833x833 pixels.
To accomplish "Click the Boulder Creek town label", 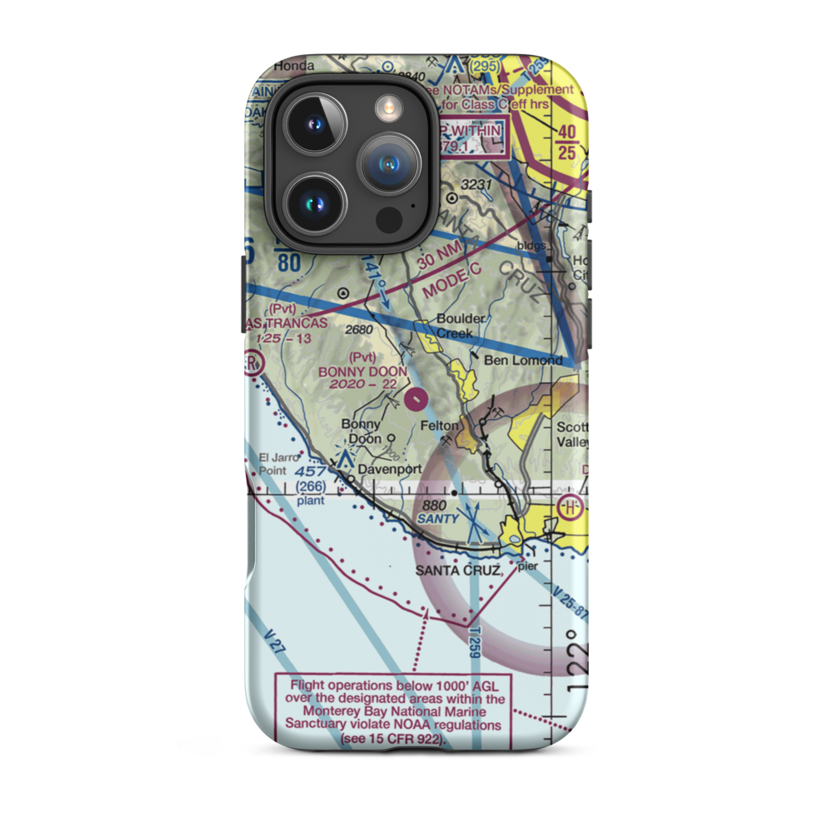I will pos(455,326).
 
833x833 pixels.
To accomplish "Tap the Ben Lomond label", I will pos(525,361).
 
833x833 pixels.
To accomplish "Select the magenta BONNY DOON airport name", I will pos(362,372).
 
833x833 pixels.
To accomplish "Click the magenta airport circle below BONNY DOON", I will pos(416,402).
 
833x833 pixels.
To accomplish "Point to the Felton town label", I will pos(439,426).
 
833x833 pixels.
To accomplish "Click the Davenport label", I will pos(390,469).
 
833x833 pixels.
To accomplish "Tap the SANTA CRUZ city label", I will pos(459,570).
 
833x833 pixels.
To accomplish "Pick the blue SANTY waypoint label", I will pos(438,518).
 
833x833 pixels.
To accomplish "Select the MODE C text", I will pos(451,281).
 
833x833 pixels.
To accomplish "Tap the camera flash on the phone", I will pos(388,106).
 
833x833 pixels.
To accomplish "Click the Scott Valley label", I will pos(573,436).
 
